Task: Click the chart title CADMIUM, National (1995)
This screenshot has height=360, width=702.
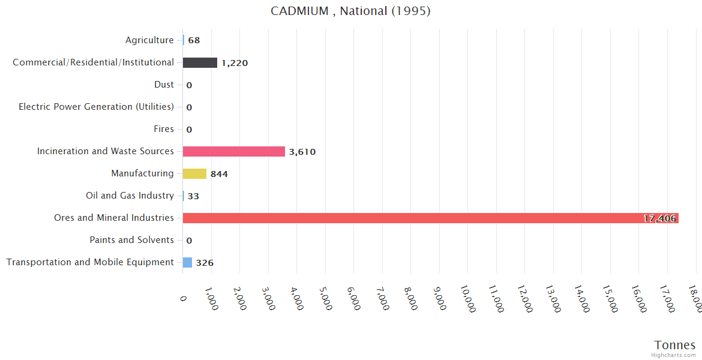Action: [x=350, y=11]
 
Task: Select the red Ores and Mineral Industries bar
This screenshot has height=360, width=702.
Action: [x=430, y=218]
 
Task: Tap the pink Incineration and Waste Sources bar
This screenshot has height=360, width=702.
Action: [x=233, y=151]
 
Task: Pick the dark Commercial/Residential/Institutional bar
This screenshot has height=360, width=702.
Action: [x=200, y=62]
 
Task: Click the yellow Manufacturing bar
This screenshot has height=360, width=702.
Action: [x=194, y=173]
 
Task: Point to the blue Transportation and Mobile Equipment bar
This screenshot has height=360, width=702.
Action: [x=187, y=262]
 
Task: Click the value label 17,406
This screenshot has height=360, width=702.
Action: [x=659, y=218]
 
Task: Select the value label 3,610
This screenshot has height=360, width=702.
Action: [x=302, y=152]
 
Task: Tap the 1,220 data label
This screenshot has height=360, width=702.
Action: [x=234, y=63]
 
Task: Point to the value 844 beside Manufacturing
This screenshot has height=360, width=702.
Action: [x=219, y=174]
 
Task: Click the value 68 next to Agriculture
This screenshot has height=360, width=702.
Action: [x=194, y=40]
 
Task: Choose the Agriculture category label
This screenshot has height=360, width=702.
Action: [x=149, y=40]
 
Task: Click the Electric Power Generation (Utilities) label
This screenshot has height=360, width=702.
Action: [x=96, y=107]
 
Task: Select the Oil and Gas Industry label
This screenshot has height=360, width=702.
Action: [x=130, y=196]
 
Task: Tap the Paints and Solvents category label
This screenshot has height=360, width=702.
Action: [x=131, y=240]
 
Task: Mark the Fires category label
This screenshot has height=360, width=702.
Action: [x=164, y=129]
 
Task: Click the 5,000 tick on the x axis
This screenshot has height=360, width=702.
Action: [x=324, y=298]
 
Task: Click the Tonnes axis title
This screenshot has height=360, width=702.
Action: [x=675, y=344]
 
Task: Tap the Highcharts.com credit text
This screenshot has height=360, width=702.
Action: [x=674, y=355]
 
